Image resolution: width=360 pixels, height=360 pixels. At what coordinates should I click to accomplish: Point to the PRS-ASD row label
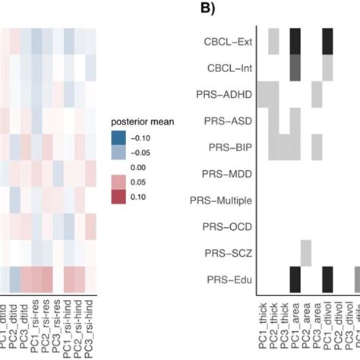tap(228, 121)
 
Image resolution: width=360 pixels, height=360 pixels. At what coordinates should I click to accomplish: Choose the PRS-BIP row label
tap(229, 147)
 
